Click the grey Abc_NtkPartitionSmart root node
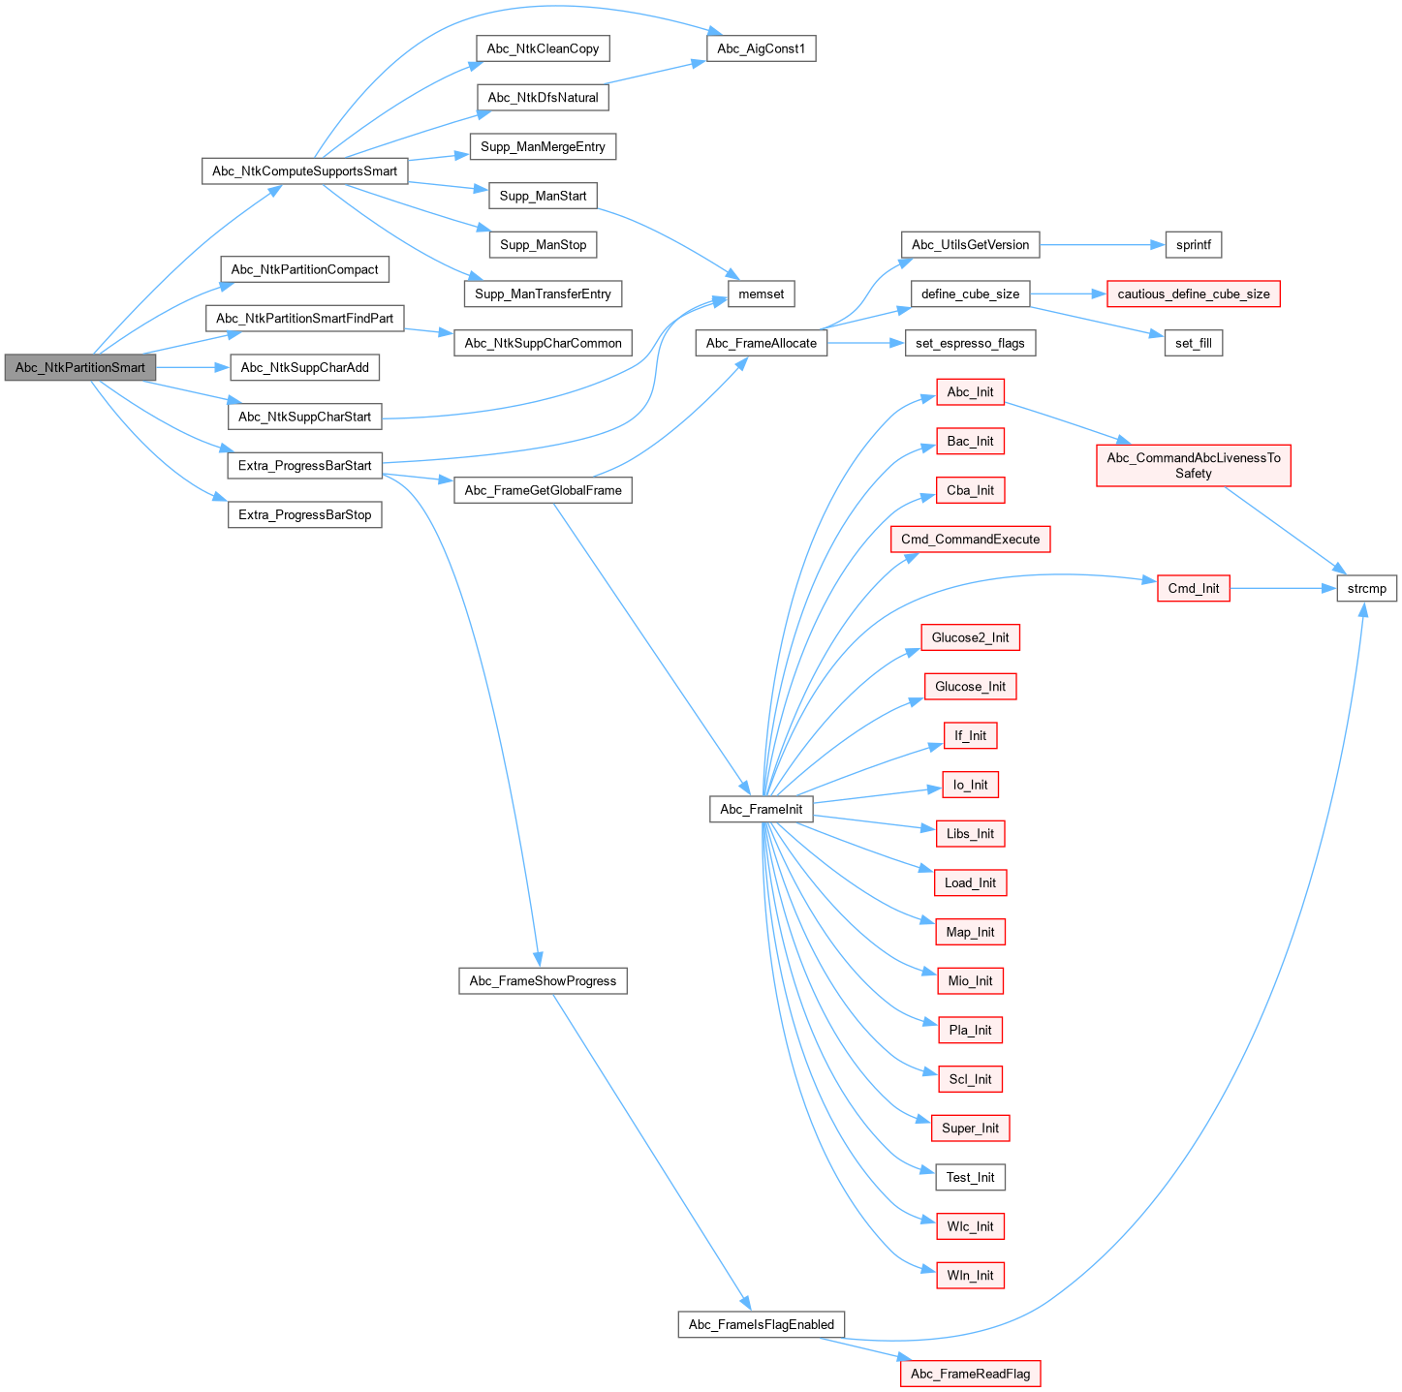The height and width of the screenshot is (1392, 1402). coord(80,368)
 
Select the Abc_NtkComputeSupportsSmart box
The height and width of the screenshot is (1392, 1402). coord(304,171)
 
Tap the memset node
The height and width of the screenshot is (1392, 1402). coord(761,294)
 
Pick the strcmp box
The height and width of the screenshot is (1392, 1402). coord(1366,589)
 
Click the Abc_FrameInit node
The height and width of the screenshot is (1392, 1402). coord(761,810)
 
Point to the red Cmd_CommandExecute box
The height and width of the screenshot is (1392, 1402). coord(970,540)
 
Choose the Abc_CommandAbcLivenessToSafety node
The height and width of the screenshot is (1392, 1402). coord(1193,466)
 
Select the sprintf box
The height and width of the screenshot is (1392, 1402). coord(1193,245)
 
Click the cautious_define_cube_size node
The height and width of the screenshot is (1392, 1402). coord(1193,294)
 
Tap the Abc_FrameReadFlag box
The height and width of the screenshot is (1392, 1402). coord(970,1374)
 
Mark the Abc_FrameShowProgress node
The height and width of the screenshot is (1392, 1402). coord(543,981)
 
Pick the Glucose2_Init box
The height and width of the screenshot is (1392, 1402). coord(970,637)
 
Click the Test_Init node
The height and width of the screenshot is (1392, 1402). coord(970,1178)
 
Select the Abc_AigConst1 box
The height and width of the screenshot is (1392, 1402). coord(761,48)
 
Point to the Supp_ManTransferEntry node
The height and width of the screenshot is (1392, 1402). coord(543,294)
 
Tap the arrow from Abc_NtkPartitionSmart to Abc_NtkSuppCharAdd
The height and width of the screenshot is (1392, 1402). coord(192,368)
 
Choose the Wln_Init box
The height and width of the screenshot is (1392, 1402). coord(970,1276)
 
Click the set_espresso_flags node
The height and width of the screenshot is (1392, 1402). coord(970,343)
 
